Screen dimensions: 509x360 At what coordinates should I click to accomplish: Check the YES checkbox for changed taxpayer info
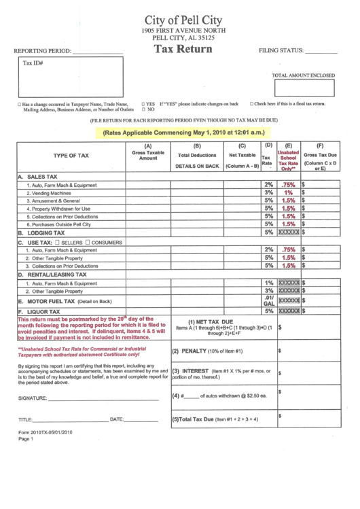click(143, 104)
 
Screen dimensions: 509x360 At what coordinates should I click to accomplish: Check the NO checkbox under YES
click(143, 109)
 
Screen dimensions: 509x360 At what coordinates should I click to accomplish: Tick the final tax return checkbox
click(252, 104)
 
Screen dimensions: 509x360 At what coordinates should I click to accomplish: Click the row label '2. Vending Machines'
click(52, 193)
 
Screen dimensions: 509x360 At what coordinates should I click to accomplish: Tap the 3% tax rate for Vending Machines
click(268, 193)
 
